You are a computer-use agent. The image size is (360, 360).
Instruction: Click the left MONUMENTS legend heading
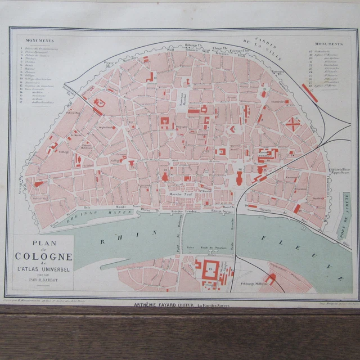pyautogui.click(x=40, y=41)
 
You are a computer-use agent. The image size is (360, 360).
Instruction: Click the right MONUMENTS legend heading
pyautogui.click(x=329, y=43)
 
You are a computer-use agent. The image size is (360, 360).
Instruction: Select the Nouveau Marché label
pyautogui.click(x=183, y=100)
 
